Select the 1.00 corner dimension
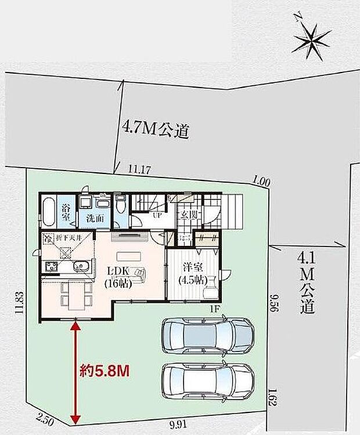pyautogui.click(x=262, y=182)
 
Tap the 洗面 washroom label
pyautogui.click(x=95, y=219)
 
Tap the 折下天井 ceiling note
pyautogui.click(x=67, y=238)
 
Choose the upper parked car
pyautogui.click(x=207, y=336)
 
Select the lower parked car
pyautogui.click(x=207, y=384)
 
